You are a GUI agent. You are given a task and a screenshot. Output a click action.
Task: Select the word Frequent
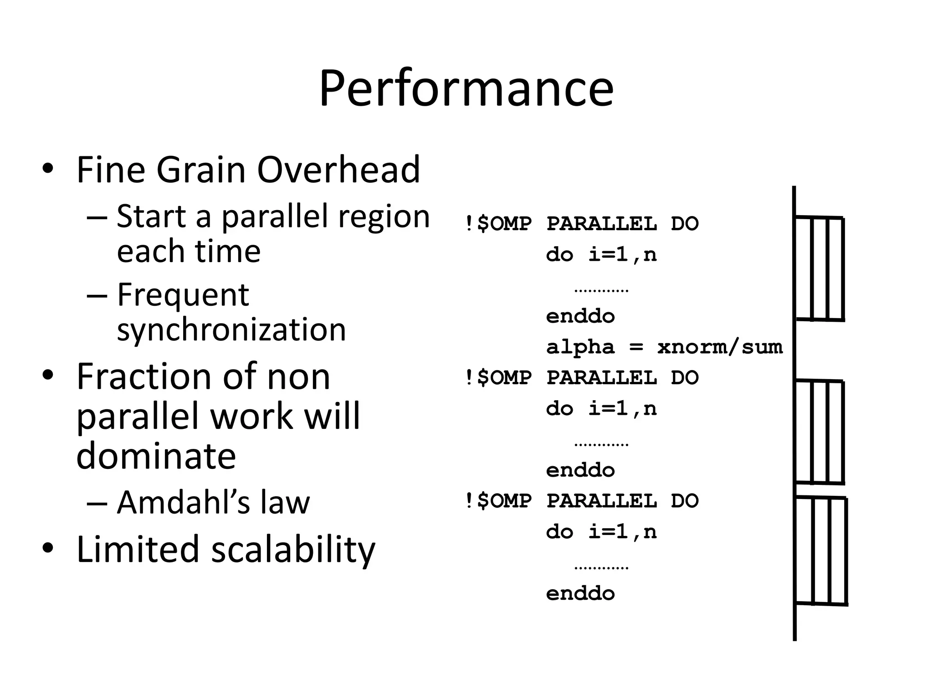(x=183, y=295)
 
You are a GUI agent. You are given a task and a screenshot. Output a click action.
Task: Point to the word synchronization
(x=231, y=329)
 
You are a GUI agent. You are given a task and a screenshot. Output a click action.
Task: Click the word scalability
(x=293, y=549)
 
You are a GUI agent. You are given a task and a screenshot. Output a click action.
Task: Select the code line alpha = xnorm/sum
(x=664, y=347)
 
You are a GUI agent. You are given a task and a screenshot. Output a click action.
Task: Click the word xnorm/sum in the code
(x=719, y=347)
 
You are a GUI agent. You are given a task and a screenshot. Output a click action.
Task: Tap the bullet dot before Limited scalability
(x=48, y=547)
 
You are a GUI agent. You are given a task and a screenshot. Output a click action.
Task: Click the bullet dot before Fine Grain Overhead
(x=48, y=169)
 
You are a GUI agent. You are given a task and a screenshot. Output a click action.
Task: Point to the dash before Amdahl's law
(x=97, y=503)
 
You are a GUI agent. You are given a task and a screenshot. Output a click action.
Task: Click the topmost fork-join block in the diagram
(x=819, y=269)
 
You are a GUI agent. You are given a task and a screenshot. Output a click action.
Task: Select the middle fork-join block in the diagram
(x=819, y=432)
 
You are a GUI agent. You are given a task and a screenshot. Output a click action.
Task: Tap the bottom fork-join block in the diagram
(x=820, y=551)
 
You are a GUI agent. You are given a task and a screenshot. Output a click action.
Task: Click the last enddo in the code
(x=580, y=594)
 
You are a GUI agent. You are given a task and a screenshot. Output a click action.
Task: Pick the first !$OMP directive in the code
(x=498, y=224)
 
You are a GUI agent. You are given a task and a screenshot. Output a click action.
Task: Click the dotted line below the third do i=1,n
(x=601, y=568)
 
